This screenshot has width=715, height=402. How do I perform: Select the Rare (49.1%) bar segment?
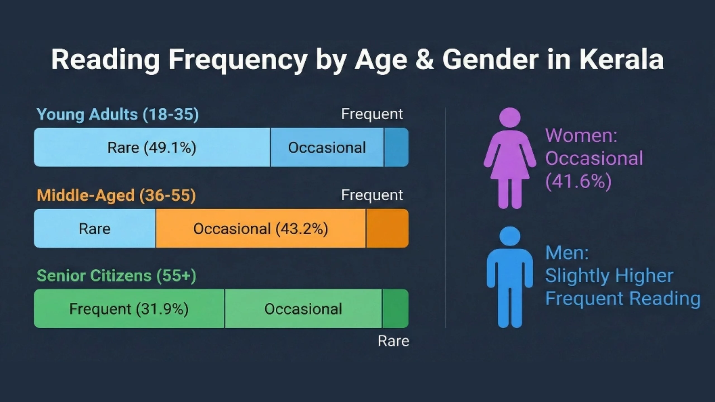tap(152, 148)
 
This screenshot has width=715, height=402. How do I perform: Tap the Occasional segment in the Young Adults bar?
tap(327, 148)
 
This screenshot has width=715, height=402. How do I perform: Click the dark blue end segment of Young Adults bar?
tap(396, 148)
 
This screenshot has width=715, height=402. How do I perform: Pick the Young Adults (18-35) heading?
tap(118, 114)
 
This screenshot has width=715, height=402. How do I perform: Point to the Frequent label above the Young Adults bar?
tap(372, 114)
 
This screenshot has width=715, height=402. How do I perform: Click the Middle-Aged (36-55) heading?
tap(116, 195)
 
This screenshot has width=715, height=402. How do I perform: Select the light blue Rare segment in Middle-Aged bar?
tap(95, 229)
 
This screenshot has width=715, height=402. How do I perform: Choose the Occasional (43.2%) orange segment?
tap(261, 229)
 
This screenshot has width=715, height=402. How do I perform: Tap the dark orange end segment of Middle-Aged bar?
tap(387, 229)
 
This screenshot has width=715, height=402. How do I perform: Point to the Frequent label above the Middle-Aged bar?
tap(372, 195)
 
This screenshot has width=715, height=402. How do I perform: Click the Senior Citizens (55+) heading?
tap(116, 276)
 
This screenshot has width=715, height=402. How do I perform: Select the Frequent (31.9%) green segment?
tap(129, 309)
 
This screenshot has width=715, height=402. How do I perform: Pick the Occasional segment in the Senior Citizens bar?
tap(303, 309)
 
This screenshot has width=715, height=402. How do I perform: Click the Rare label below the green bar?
tap(393, 341)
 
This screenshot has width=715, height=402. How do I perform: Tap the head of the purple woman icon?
tap(510, 117)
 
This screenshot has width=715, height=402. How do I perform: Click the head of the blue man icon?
tap(510, 236)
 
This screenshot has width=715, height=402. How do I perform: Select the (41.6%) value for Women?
tap(578, 182)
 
